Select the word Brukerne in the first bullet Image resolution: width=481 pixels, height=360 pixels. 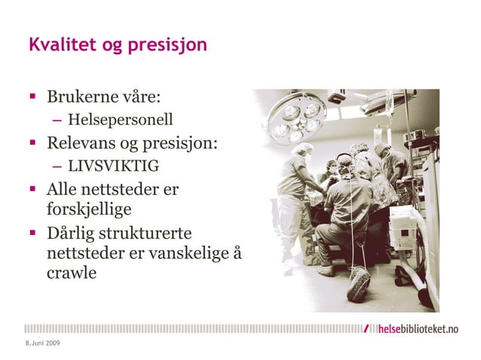click(x=81, y=98)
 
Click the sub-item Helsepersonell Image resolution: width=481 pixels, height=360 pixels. click(x=120, y=120)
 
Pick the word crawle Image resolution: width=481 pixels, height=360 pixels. click(x=72, y=273)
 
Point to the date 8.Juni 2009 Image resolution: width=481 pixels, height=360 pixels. click(x=42, y=343)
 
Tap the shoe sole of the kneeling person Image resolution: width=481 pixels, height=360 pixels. click(x=359, y=284)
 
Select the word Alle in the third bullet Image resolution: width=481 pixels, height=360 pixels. click(x=63, y=188)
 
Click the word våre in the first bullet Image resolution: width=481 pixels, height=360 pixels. click(x=139, y=98)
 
